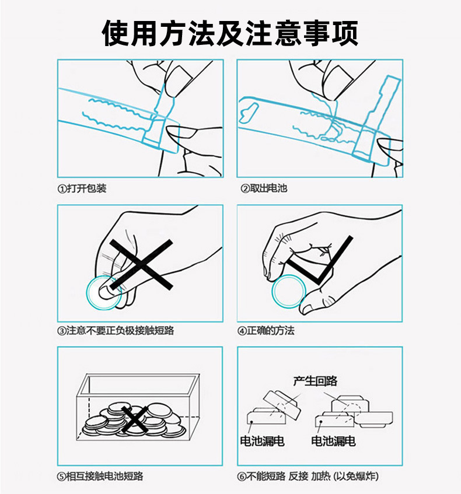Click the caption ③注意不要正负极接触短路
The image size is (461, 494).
116,331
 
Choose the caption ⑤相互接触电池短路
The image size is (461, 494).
100,476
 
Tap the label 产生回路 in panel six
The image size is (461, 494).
315,381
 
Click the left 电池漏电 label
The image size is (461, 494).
263,442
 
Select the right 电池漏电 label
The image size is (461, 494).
333,442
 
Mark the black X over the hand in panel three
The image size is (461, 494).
141,265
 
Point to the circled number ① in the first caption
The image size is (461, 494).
61,189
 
